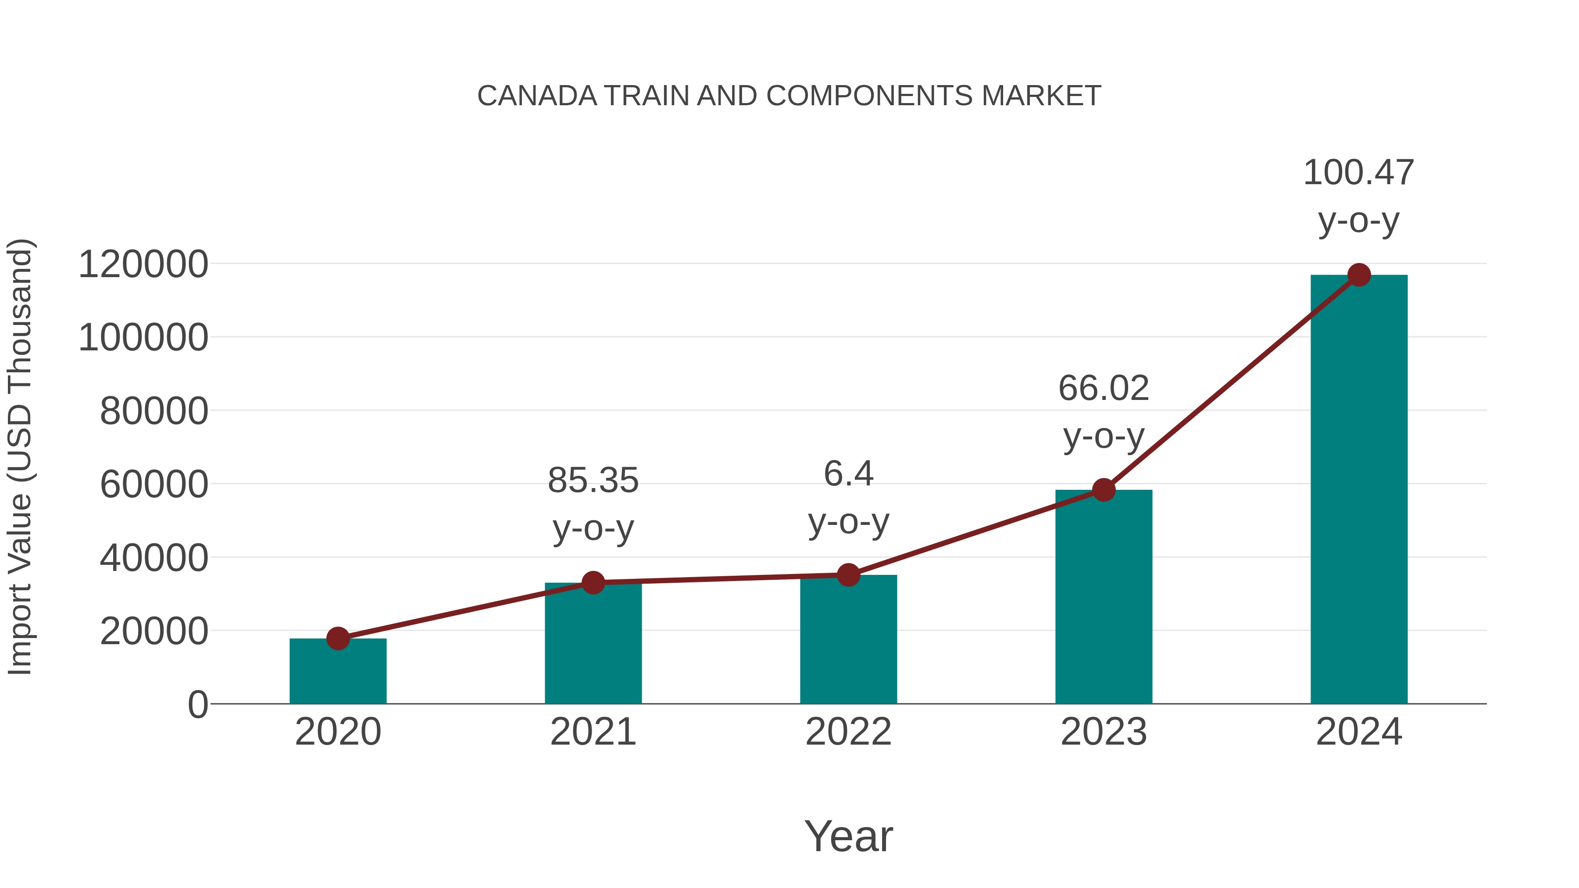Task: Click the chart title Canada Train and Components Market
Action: pos(789,96)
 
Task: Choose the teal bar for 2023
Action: pos(1104,601)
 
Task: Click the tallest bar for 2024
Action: pos(1358,490)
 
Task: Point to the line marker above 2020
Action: pos(338,638)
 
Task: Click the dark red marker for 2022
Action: pos(848,575)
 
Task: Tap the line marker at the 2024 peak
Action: pos(1359,275)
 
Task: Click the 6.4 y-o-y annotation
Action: pos(848,498)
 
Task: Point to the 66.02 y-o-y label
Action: pos(1104,413)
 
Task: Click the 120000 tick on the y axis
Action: pos(143,265)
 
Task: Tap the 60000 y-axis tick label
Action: pos(154,485)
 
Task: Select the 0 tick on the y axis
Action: pos(198,705)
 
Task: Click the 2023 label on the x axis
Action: pos(1104,732)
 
